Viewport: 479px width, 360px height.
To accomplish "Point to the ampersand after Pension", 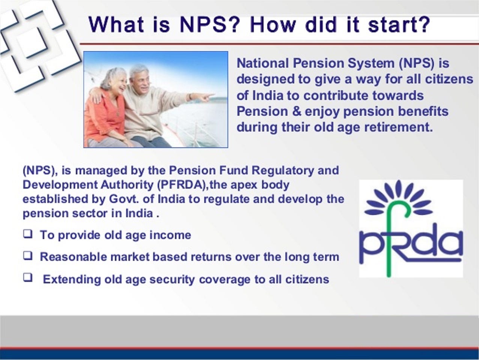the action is (x=297, y=111).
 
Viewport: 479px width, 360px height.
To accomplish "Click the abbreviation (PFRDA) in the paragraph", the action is (x=182, y=185).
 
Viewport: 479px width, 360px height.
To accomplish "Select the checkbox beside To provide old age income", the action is (x=28, y=234).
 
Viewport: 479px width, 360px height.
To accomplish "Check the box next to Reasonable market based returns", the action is (x=28, y=256).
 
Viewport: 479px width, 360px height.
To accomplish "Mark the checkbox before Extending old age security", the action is (x=28, y=278).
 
